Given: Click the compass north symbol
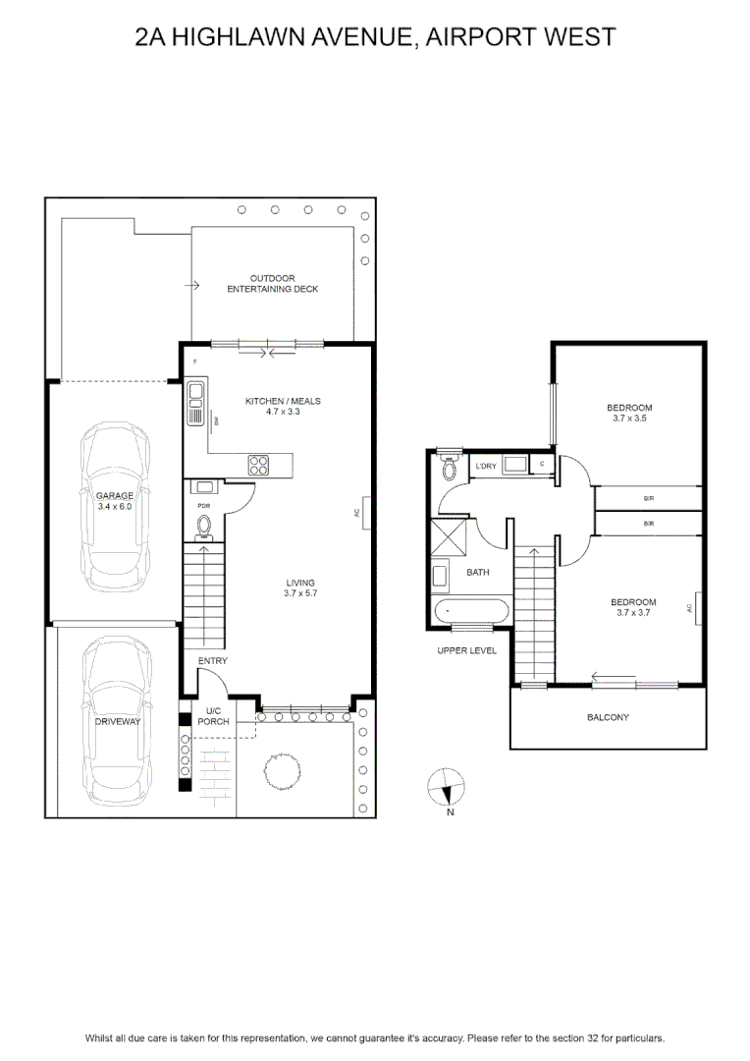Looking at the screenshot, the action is tap(447, 788).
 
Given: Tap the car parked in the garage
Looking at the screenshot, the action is tap(115, 508).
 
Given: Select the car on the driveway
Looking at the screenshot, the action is tap(117, 721).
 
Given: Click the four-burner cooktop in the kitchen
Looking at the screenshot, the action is tap(259, 465).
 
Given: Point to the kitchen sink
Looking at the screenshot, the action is tap(195, 404).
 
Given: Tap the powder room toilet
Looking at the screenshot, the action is tap(204, 528).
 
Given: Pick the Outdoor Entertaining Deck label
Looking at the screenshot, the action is tap(273, 284).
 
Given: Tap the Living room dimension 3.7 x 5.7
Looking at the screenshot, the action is tap(300, 593).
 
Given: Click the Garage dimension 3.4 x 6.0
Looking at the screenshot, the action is tap(114, 506).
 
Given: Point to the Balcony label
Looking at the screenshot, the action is tap(608, 717).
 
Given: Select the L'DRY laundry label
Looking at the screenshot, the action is tap(486, 467).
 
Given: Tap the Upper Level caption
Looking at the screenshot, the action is tap(466, 651).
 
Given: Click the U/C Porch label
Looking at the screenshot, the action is tap(213, 716).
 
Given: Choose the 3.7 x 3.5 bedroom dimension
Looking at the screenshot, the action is tap(629, 419).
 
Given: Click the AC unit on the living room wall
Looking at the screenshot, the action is tap(366, 513).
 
